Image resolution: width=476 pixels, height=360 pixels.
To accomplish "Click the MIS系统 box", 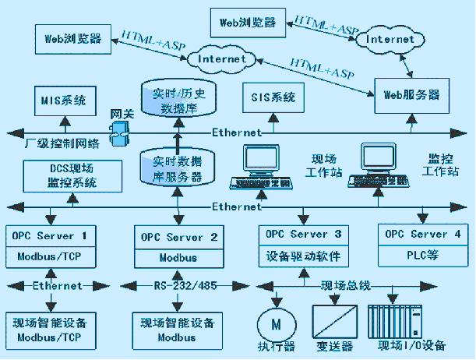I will (64, 101).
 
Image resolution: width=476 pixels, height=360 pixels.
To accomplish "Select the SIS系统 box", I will (273, 98).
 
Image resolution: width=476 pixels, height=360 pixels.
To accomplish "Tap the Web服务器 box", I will (412, 95).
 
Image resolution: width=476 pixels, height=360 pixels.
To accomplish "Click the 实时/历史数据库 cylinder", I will (176, 99).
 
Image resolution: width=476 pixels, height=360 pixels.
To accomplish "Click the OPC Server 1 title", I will (51, 235).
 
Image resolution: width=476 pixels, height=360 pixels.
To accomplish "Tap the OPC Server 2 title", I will (175, 235).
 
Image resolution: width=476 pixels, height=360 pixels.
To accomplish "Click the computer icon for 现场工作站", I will (258, 167).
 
